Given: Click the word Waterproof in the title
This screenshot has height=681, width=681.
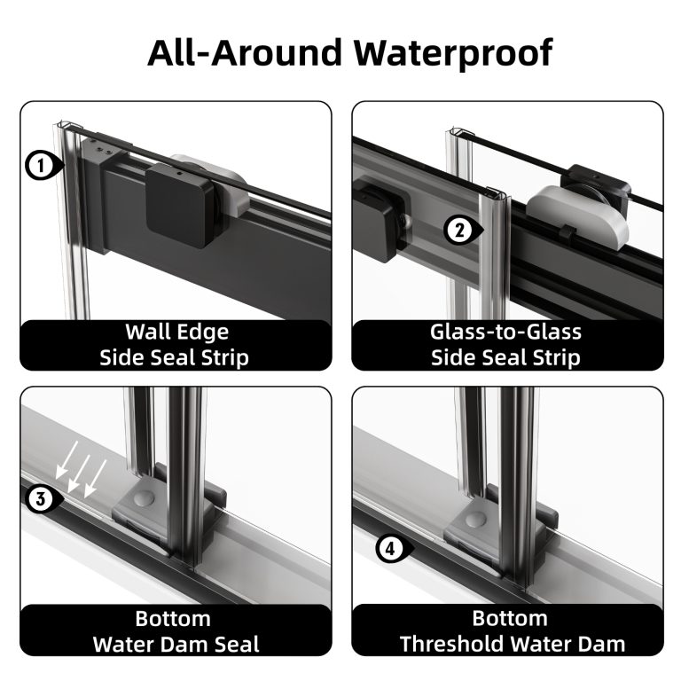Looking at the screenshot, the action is tap(453, 53).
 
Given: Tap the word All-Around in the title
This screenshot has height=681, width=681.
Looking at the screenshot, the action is tap(245, 52).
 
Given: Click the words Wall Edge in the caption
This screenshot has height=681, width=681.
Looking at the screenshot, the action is tap(176, 333).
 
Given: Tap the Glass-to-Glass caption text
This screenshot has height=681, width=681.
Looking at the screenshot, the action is tap(505, 333).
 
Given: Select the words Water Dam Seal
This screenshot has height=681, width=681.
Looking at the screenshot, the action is tap(176, 644).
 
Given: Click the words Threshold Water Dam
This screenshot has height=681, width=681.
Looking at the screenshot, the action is tap(513, 644).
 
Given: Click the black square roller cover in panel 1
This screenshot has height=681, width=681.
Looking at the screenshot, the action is tap(180, 205).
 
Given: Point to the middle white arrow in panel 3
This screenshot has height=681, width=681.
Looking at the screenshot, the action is tap(79, 474).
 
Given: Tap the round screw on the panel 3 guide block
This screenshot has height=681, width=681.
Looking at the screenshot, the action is tap(144, 497).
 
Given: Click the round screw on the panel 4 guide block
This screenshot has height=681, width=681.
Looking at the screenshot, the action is tap(474, 520).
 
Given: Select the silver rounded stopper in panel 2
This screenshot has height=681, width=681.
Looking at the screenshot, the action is tap(577, 216).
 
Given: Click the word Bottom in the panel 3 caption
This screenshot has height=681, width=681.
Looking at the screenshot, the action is tap(173, 618).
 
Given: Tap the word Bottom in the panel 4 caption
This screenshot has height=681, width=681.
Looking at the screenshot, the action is tap(510, 618).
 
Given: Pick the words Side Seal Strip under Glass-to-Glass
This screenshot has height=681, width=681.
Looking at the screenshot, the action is tap(505, 358).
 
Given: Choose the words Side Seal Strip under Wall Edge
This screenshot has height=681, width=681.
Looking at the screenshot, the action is tap(174, 358).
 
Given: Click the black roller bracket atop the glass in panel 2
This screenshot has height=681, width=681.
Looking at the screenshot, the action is tap(596, 187).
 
